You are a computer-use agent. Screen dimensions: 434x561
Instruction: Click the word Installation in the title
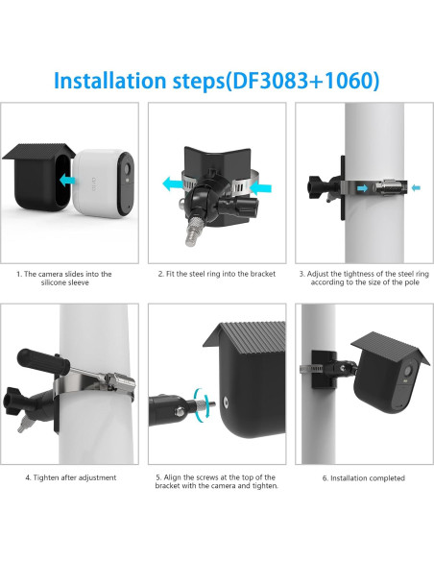[110, 81]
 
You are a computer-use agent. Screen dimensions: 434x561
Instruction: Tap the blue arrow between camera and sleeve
[67, 180]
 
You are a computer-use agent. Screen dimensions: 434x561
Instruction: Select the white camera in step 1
[104, 183]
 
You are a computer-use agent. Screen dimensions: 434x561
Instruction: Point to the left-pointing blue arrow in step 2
[174, 184]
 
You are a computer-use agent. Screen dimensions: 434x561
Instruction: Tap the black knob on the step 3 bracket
[315, 187]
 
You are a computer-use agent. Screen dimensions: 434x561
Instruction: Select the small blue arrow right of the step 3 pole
[416, 187]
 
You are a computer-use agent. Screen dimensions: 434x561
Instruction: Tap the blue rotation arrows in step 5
[202, 403]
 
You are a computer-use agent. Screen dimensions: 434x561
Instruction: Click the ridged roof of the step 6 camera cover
[390, 348]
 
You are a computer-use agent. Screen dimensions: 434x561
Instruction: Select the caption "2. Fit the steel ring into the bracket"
[217, 274]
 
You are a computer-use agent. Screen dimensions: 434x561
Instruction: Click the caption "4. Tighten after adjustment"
[71, 477]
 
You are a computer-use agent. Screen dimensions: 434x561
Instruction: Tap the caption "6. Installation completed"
[364, 478]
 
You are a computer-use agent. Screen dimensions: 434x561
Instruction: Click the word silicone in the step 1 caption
[54, 282]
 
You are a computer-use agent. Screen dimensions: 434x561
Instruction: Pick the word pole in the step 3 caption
[411, 282]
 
